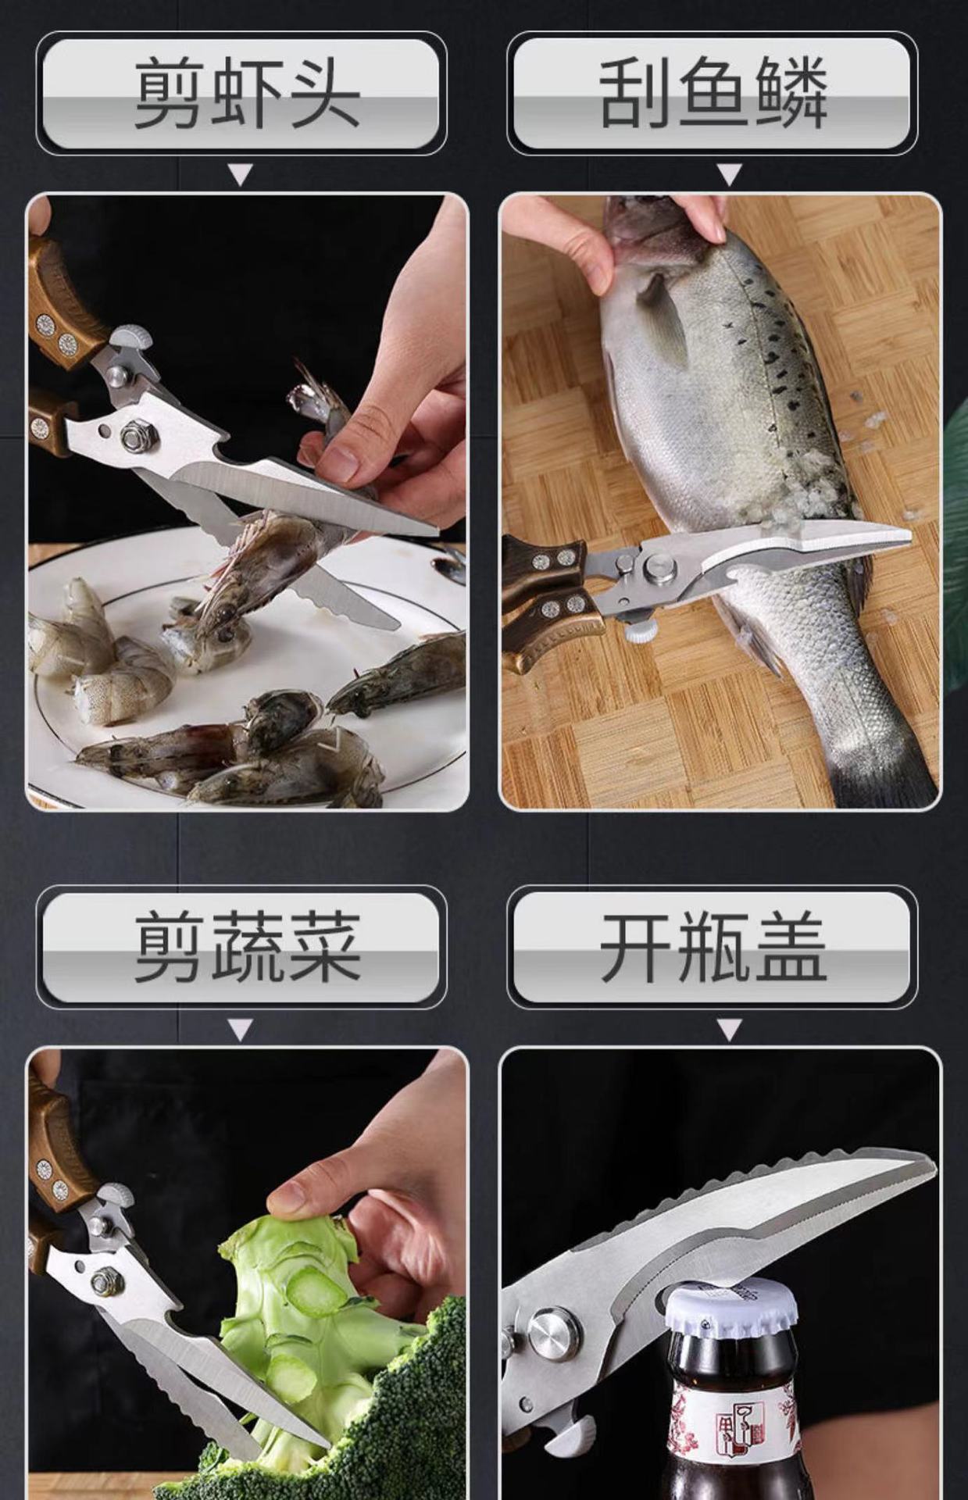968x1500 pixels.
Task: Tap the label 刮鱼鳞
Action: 712,94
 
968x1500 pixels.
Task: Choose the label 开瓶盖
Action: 712,947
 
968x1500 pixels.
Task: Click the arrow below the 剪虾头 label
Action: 241,174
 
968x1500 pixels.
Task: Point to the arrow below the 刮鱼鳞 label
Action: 729,174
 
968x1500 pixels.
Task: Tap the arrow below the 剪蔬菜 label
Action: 241,1030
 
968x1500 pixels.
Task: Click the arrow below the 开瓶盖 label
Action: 729,1030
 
